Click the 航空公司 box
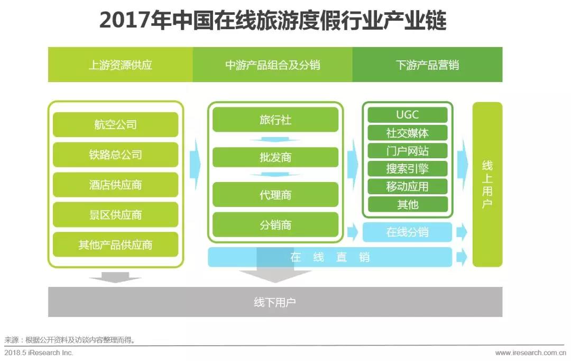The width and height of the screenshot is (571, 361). (x=115, y=124)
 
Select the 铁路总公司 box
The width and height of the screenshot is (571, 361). (x=115, y=155)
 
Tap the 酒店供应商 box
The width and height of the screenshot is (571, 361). (x=115, y=185)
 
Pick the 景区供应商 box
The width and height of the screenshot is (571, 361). (x=115, y=214)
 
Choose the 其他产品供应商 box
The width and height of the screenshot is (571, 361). (x=115, y=245)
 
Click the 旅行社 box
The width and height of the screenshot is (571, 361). (x=275, y=120)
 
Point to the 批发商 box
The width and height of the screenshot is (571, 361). (x=275, y=157)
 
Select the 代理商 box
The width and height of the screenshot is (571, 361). (x=275, y=195)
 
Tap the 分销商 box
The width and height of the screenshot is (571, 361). (x=275, y=224)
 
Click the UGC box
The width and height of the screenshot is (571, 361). (x=408, y=115)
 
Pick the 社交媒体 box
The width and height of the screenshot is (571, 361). (x=408, y=133)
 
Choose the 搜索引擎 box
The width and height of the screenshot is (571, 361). (x=408, y=168)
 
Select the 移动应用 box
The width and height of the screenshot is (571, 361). (x=408, y=186)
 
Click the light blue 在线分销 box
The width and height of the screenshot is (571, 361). (x=408, y=232)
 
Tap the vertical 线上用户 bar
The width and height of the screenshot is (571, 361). (x=487, y=185)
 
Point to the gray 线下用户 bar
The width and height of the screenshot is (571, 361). (x=275, y=302)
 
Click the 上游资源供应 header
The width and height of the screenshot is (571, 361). (x=121, y=65)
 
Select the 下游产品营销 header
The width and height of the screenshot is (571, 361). (x=427, y=65)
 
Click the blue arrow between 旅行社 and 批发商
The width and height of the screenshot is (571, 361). (x=275, y=139)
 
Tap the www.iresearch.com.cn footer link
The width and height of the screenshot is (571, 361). (x=531, y=353)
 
